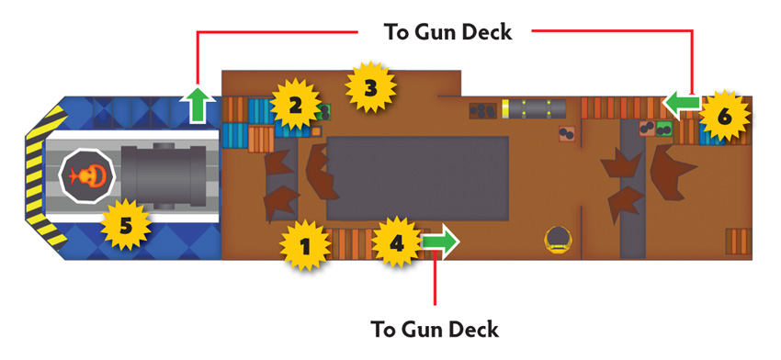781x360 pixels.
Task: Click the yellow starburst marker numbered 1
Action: point(305,245)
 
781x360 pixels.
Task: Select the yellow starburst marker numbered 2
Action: point(295,105)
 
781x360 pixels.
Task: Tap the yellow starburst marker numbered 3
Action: point(370,88)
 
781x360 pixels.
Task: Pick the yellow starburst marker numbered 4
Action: point(397,243)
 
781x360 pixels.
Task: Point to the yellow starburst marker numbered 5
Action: point(126,225)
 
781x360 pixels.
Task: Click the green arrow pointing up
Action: point(197,104)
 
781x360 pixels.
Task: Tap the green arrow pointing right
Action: point(441,241)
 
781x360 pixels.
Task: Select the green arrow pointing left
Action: point(682,104)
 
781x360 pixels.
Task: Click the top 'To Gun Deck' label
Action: point(447,32)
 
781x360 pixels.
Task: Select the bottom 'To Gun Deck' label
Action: point(435,329)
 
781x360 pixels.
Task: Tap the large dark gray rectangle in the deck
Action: point(417,178)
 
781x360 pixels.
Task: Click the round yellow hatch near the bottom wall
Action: point(558,239)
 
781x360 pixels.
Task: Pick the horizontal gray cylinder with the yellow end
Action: point(534,108)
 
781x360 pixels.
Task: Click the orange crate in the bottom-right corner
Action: point(738,242)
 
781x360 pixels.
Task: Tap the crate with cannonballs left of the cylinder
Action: point(482,110)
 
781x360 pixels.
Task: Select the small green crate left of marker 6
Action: point(663,128)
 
